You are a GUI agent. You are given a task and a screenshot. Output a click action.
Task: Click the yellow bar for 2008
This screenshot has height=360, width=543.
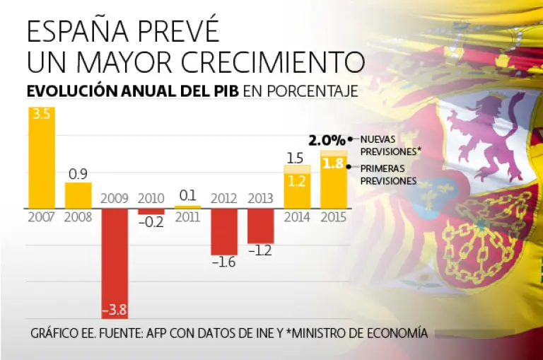78,195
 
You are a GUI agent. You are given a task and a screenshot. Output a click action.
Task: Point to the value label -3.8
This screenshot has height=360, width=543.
115,310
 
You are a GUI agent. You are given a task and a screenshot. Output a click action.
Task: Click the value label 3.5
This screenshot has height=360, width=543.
41,115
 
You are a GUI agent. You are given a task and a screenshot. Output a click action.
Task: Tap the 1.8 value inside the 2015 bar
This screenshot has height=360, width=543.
334,163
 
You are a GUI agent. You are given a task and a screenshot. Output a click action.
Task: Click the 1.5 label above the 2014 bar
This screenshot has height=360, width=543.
297,157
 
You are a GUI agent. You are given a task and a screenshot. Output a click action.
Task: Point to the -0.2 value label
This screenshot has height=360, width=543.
151,221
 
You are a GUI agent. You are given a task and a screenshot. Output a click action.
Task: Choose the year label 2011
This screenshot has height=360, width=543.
187,217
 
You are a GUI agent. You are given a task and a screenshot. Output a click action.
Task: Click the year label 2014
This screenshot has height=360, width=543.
297,217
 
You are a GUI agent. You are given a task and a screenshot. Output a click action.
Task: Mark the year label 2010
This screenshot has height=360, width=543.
151,199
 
